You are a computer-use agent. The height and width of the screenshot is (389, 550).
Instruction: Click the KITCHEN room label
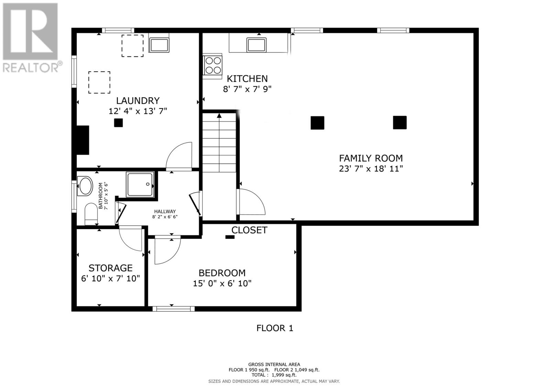point(247,79)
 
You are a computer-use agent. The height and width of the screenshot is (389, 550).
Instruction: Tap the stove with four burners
point(212,65)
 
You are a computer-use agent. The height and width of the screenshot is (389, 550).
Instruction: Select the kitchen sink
point(256,45)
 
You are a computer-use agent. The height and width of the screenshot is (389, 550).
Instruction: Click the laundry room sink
point(159,45)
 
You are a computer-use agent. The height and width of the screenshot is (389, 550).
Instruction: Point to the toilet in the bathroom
point(91,214)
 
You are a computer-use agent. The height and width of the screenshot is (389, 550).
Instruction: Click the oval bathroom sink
point(85,186)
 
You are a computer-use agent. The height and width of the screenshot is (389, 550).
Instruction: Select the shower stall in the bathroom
point(140,185)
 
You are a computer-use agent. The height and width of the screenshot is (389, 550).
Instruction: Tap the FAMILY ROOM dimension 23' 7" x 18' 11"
point(371,169)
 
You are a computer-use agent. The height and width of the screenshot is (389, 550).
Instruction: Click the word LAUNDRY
point(137,101)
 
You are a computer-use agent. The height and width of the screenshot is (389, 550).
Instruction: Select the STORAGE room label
point(110,268)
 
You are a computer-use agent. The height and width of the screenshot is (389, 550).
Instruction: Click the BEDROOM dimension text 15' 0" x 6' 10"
point(222,284)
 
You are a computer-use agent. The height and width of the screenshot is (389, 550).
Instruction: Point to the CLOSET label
point(249,230)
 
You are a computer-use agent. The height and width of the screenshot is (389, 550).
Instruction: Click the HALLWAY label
point(165,212)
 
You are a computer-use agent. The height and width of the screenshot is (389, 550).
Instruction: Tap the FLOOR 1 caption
point(275,328)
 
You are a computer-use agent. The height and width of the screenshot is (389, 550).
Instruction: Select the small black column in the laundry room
point(118,123)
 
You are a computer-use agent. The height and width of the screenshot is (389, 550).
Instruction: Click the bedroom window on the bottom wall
point(174,309)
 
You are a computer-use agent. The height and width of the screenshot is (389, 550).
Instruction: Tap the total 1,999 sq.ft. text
point(274,375)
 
